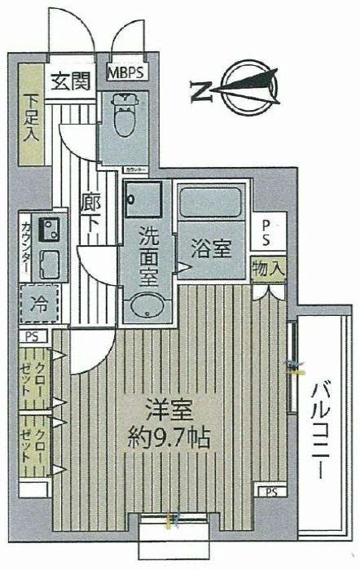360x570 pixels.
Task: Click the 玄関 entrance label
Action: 71,81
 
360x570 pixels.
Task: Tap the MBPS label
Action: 129,72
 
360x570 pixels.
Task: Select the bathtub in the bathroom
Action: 212,208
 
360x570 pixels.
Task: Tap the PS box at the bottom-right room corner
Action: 270,491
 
